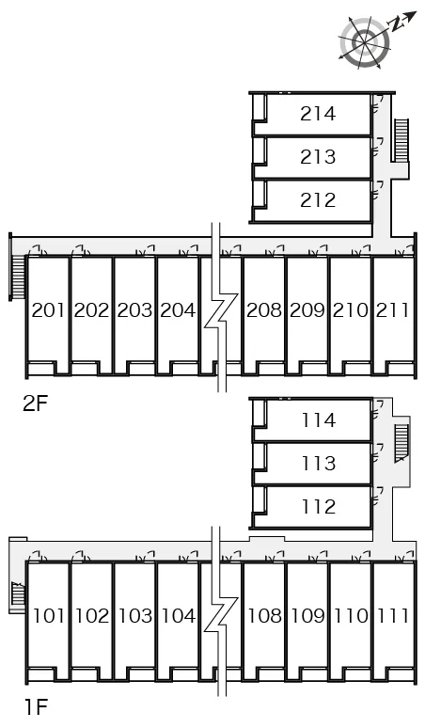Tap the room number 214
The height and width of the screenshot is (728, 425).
click(318, 114)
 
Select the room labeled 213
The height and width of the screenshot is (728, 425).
click(318, 157)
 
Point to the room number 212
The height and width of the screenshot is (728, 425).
click(318, 200)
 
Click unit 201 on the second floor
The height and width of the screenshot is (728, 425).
click(48, 309)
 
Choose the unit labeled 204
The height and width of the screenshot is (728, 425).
click(178, 309)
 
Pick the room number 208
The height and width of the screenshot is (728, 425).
click(264, 309)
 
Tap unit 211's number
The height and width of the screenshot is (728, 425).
click(393, 309)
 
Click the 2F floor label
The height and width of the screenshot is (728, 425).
click(36, 404)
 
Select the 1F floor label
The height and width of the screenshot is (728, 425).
click(36, 707)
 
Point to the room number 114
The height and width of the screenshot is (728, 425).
click(319, 420)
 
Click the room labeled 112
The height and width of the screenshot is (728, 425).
click(319, 507)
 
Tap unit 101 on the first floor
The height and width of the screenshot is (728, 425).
click(49, 616)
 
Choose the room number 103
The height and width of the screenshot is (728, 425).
click(135, 616)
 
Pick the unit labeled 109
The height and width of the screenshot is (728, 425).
click(307, 616)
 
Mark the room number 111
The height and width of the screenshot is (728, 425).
click(393, 616)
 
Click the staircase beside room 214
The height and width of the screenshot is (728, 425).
click(401, 140)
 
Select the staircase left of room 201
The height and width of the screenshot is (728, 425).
click(18, 277)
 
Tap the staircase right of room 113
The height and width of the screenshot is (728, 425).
click(401, 443)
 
